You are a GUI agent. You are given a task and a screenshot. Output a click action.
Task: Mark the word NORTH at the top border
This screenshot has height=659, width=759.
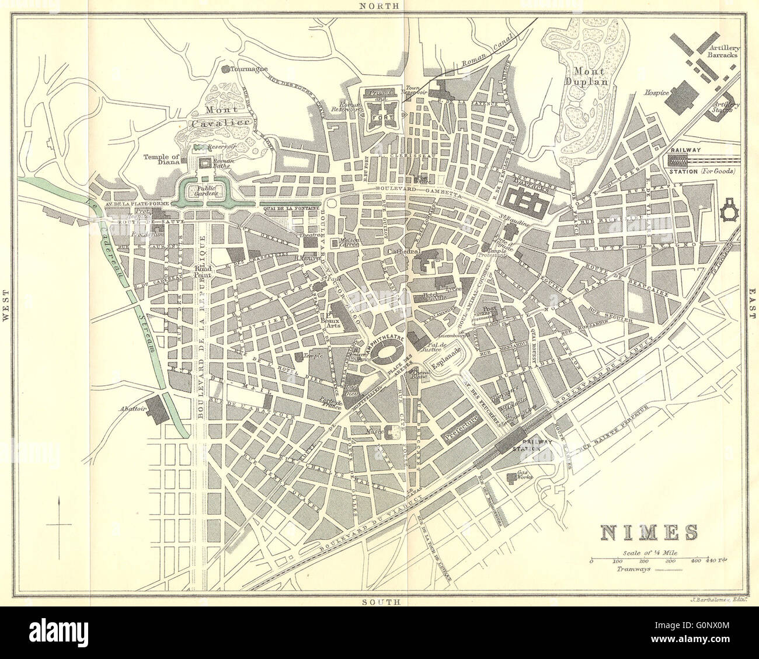tap(379, 6)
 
